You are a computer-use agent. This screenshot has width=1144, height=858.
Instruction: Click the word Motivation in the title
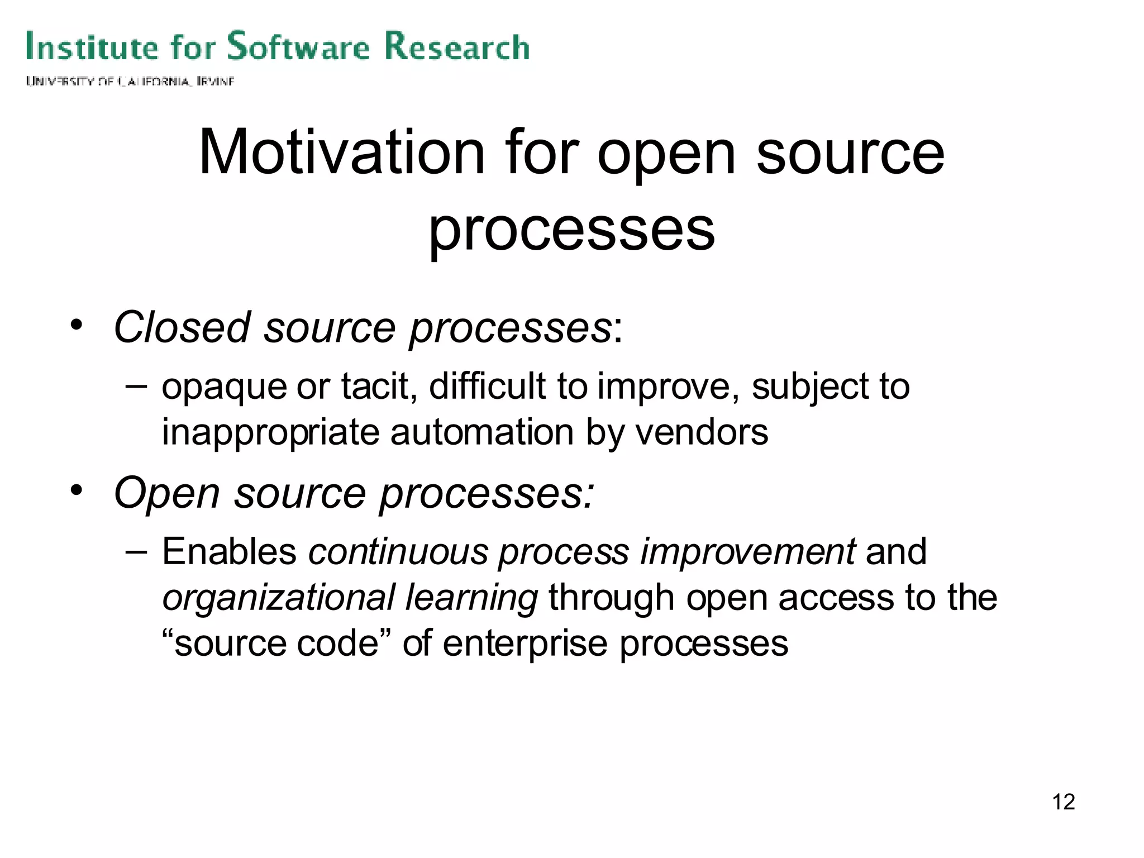pos(342,152)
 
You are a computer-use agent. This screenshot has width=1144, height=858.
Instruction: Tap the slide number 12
pos(1063,802)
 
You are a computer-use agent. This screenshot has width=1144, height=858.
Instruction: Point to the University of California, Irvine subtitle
pos(130,82)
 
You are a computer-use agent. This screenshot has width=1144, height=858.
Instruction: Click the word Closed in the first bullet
pos(182,327)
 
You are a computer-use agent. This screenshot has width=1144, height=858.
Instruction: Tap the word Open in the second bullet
pos(166,493)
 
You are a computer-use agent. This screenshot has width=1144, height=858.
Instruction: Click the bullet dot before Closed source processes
pos(77,325)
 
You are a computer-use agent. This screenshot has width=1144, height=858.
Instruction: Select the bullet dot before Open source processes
pos(77,490)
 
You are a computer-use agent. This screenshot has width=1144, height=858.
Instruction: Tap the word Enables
pos(229,552)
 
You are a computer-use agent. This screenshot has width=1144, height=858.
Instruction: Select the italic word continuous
pos(398,552)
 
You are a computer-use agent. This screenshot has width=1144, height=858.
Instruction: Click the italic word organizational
pos(278,598)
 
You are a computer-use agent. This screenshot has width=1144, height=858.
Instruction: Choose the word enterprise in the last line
pos(525,644)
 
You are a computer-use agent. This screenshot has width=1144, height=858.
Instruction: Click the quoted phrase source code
pos(276,643)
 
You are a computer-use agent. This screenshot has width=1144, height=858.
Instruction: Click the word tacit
pos(379,387)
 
